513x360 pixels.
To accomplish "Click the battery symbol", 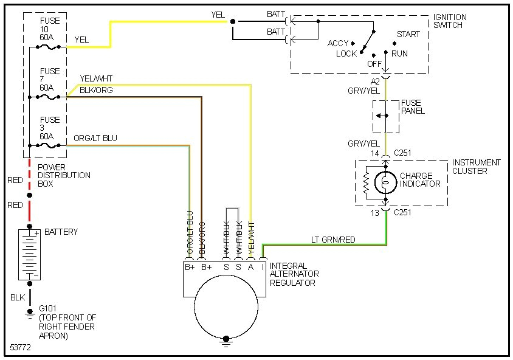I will coord(29,254).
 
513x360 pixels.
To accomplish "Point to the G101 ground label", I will coord(49,309).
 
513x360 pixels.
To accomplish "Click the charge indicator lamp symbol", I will coord(384,181).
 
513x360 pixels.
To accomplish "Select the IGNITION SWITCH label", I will coord(450,21).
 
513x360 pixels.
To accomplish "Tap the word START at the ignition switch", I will coord(408,34).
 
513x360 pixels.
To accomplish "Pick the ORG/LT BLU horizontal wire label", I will coord(95,139).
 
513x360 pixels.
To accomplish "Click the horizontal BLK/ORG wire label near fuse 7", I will coord(96,90).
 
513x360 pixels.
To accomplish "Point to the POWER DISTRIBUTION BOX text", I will coord(64,175).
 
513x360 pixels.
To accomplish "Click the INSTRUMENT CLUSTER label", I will coord(476,167).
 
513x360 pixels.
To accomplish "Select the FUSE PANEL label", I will coord(413,107).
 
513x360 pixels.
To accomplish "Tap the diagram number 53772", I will coord(21,348).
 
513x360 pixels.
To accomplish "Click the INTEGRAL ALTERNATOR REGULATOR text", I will coord(295,274).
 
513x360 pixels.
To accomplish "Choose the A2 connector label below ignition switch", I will coord(375,81).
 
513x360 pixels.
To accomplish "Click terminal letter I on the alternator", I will coord(263,266).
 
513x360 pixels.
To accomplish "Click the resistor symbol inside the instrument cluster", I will coord(367,181).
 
